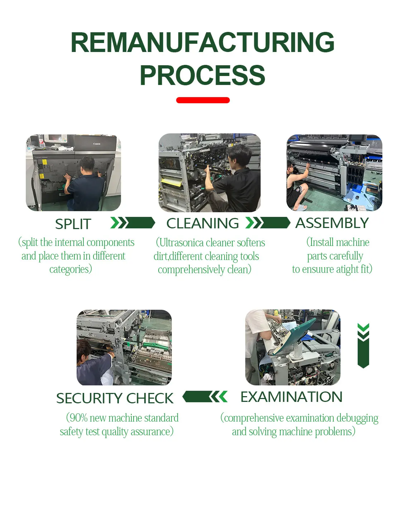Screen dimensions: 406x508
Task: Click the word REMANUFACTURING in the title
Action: click(x=203, y=43)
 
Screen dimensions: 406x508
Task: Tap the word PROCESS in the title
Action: click(x=203, y=75)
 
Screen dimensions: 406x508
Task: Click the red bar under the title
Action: click(x=203, y=100)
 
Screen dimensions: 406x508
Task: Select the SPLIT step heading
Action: click(x=73, y=224)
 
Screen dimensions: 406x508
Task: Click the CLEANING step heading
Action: click(x=203, y=223)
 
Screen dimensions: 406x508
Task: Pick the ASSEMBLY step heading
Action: click(x=332, y=223)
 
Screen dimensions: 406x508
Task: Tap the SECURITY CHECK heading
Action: click(x=115, y=398)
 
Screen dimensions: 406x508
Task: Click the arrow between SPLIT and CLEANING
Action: click(x=133, y=223)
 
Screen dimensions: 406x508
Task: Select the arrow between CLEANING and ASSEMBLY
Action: click(x=267, y=223)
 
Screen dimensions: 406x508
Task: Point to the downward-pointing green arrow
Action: click(x=363, y=345)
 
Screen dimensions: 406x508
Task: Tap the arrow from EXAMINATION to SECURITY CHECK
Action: click(x=205, y=397)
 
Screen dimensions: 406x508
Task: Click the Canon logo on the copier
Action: click(x=97, y=144)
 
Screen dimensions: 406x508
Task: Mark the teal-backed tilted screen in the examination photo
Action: click(x=295, y=336)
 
